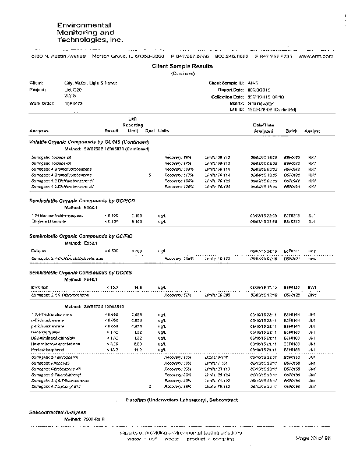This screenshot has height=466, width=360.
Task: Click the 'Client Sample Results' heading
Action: coord(182,67)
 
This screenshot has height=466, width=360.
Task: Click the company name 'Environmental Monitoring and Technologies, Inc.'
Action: coord(90,33)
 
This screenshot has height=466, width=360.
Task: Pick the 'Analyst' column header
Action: coord(312,132)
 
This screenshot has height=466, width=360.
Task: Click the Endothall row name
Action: coord(40,287)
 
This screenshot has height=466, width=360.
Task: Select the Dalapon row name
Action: coord(39,250)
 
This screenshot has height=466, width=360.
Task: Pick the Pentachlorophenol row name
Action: coord(48,349)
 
